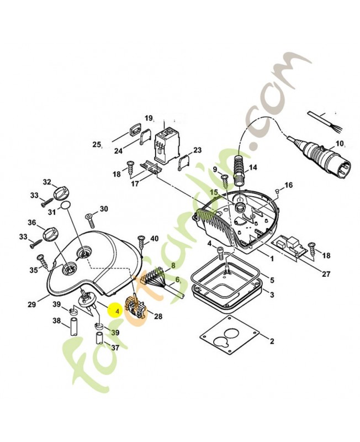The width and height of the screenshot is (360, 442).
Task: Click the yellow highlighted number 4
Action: coord(117,311)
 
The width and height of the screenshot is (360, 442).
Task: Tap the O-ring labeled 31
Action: coord(66,207)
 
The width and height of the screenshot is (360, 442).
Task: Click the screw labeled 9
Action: coord(225,179)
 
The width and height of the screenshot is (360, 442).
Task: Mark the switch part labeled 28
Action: coord(135,307)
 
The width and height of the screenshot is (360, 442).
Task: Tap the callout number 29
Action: coord(31,304)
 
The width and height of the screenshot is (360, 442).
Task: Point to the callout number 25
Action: coord(97,145)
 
